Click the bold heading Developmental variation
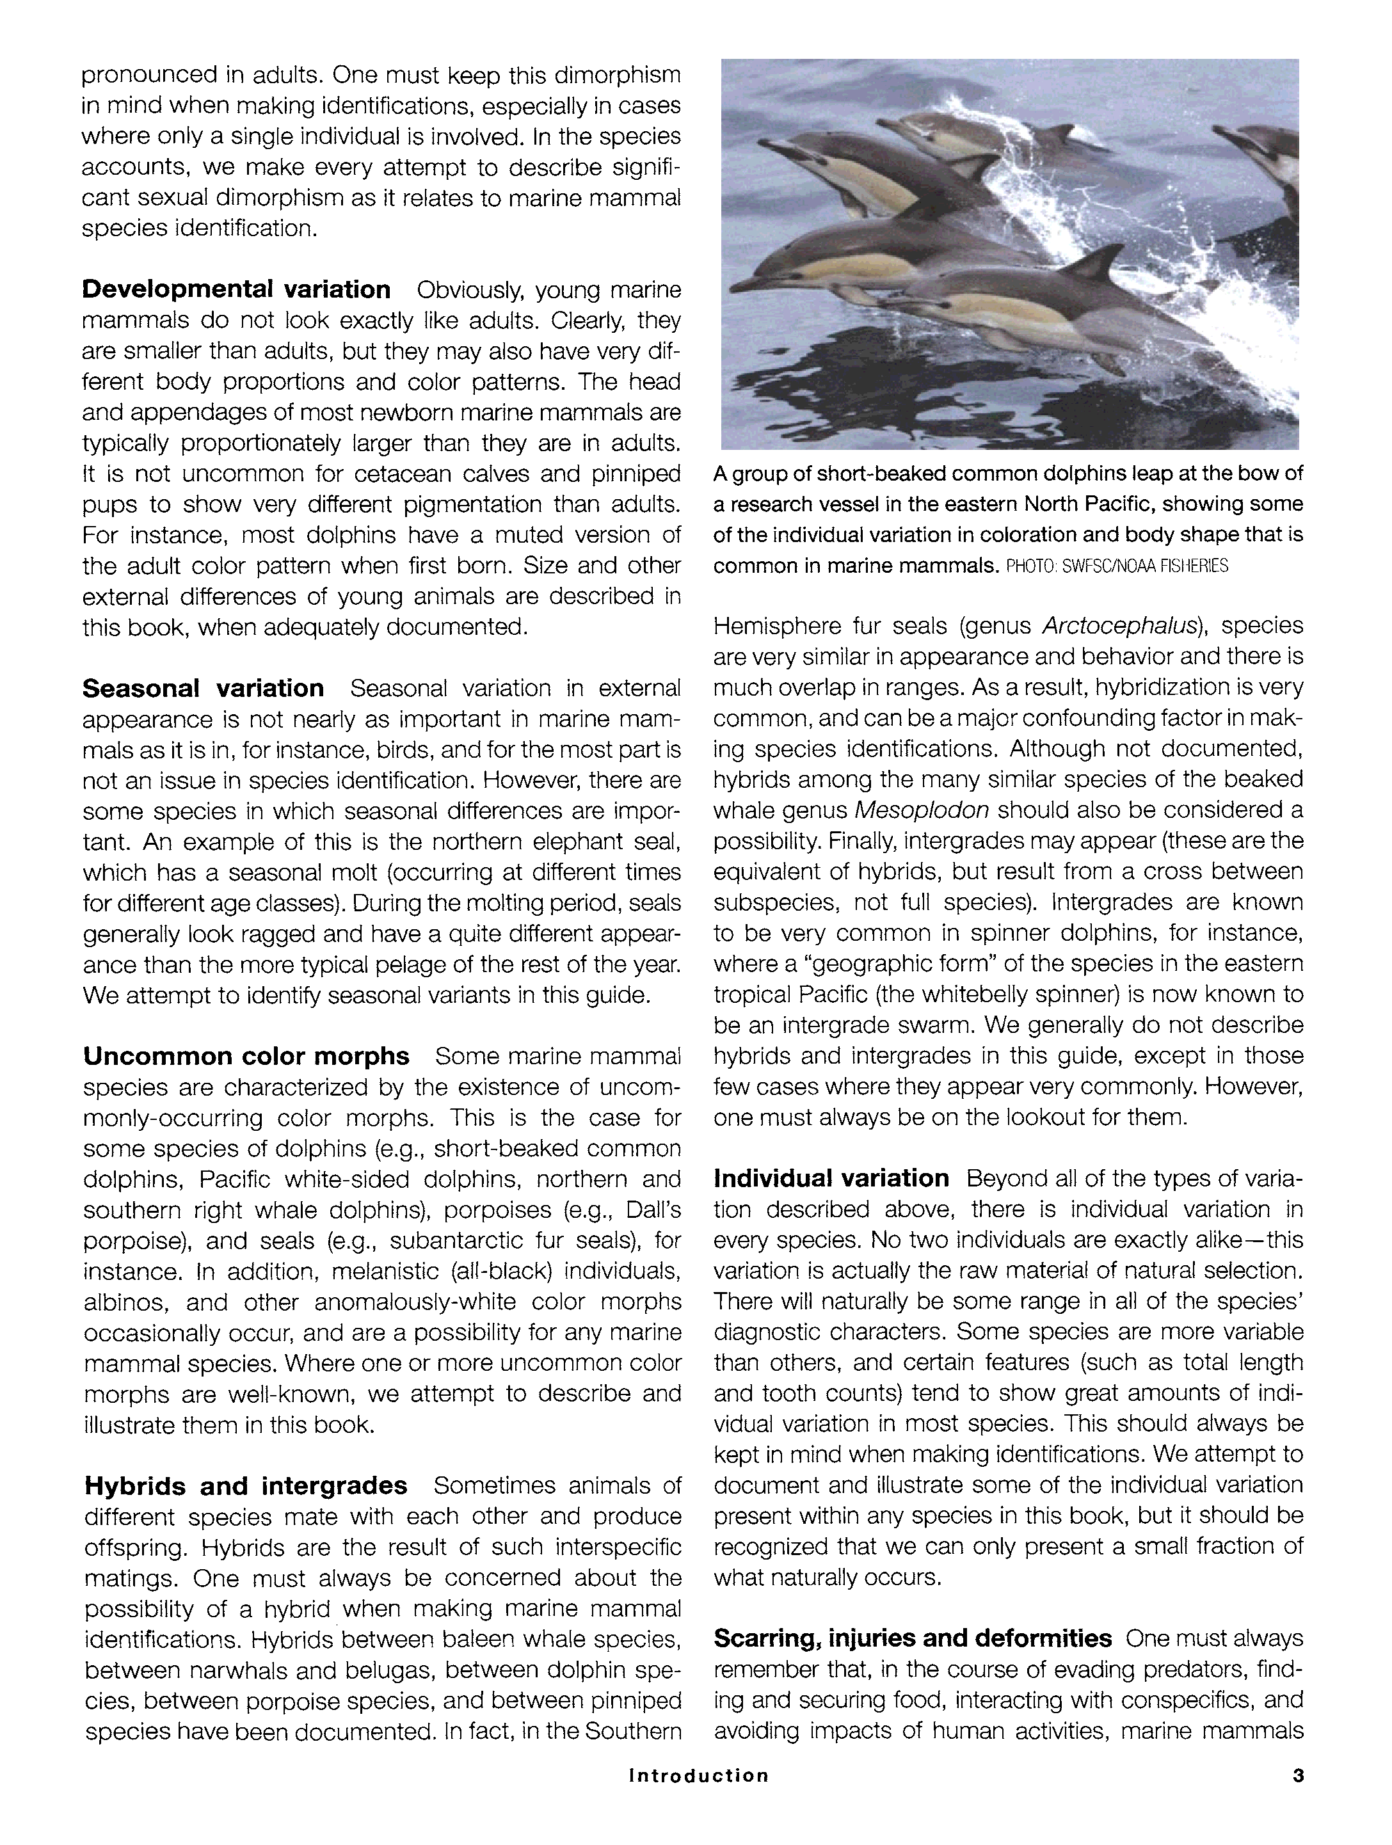(236, 289)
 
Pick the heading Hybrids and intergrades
(246, 1485)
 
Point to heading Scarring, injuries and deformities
(913, 1638)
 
